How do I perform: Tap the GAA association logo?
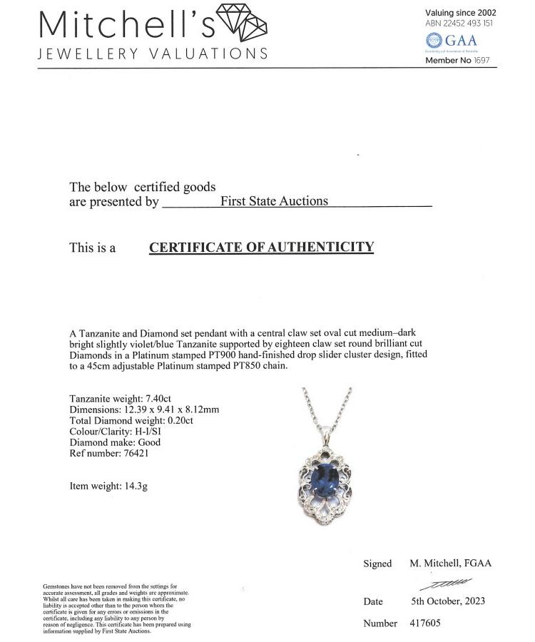pyautogui.click(x=450, y=41)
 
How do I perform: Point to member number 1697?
pyautogui.click(x=481, y=61)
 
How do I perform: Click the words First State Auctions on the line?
pyautogui.click(x=274, y=201)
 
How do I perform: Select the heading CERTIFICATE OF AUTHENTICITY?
pyautogui.click(x=261, y=248)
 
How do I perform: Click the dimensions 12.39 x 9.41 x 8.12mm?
pyautogui.click(x=175, y=409)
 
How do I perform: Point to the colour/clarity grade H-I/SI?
pyautogui.click(x=146, y=431)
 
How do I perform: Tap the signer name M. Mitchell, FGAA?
pyautogui.click(x=450, y=563)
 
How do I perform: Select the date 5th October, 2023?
pyautogui.click(x=448, y=601)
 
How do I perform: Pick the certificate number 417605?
pyautogui.click(x=425, y=623)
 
